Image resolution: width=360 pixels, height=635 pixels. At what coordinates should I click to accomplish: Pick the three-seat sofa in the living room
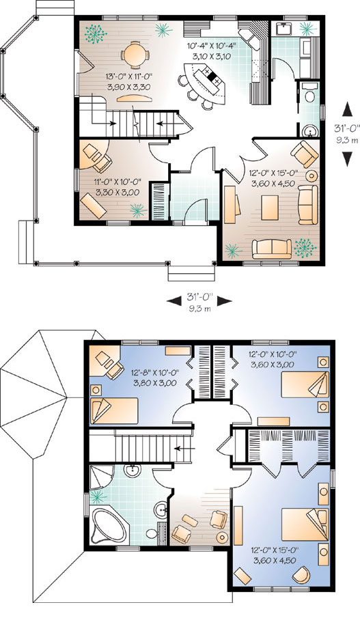[x=272, y=249]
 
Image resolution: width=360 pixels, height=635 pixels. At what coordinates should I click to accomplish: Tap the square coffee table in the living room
[x=269, y=208]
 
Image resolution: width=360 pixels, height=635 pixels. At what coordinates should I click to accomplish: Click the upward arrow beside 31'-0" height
[x=347, y=109]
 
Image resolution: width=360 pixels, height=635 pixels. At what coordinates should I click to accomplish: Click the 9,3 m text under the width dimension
[x=199, y=309]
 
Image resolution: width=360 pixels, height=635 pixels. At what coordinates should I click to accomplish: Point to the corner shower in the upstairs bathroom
[x=100, y=477]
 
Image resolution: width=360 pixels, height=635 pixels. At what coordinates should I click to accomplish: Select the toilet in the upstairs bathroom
[x=152, y=533]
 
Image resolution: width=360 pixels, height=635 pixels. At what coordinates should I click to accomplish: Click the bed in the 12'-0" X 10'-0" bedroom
[x=305, y=384]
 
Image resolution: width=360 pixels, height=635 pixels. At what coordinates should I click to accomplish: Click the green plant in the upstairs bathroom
[x=98, y=496]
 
